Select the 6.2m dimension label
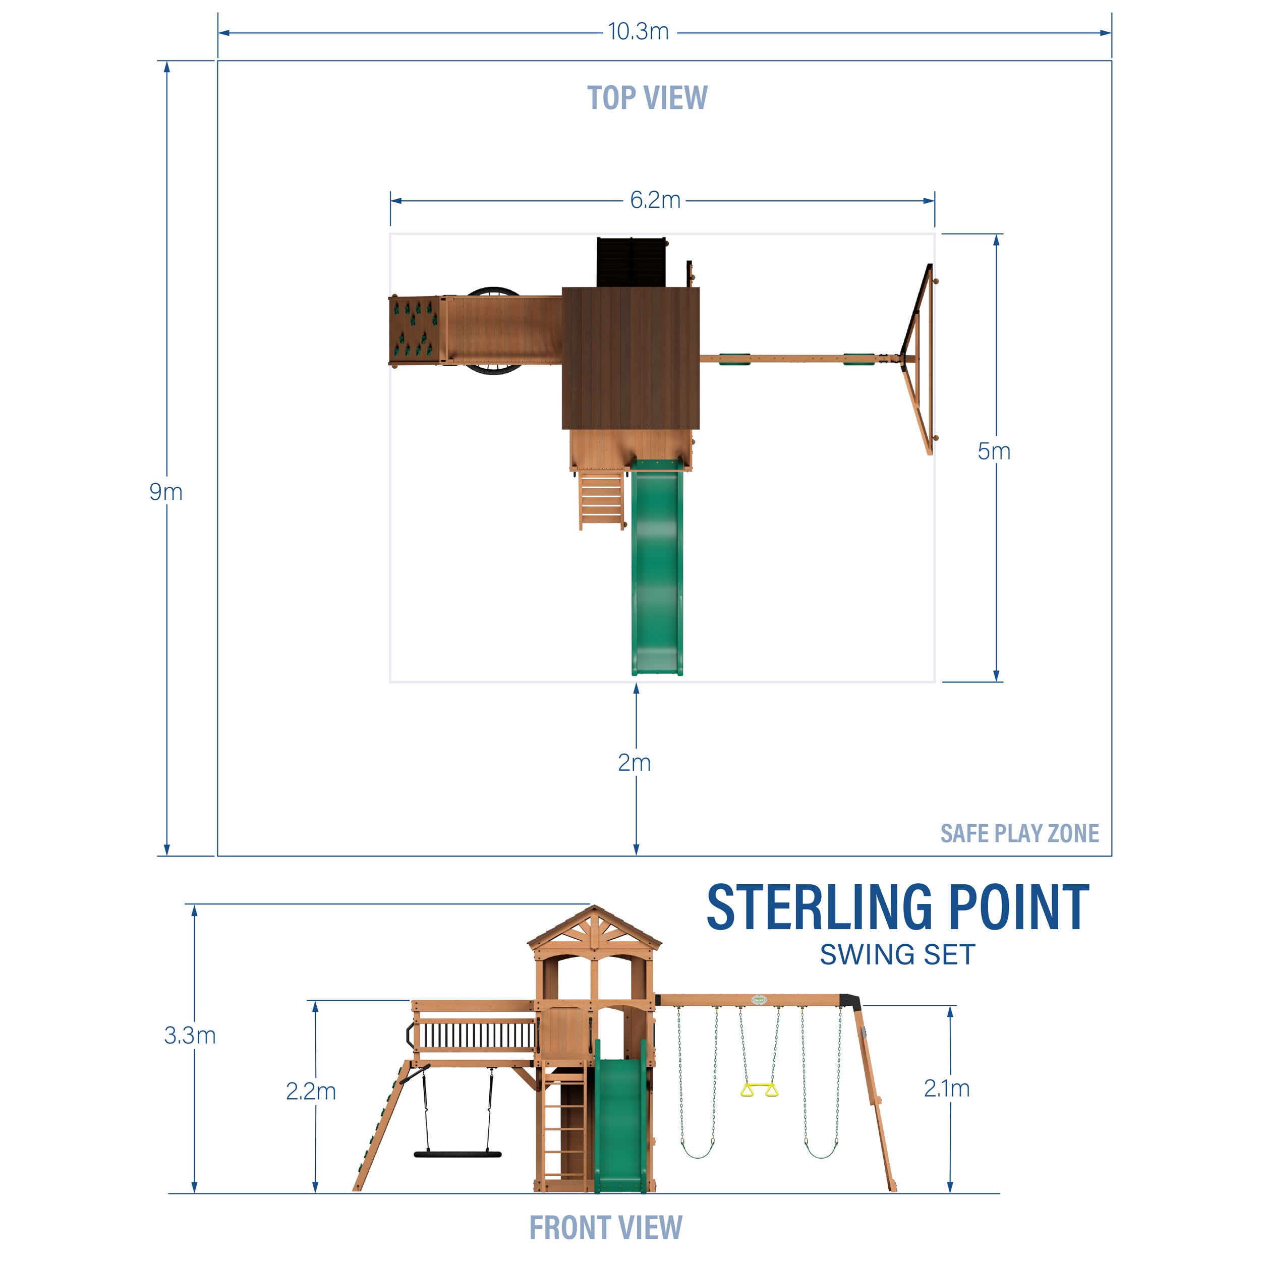655,200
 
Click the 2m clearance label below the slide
634,762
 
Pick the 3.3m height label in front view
189,1035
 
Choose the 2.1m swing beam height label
946,1088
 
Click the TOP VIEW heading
647,98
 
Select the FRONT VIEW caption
605,1228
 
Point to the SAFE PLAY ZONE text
1019,833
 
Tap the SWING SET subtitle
897,955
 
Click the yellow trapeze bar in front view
759,1090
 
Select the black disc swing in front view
457,1154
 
